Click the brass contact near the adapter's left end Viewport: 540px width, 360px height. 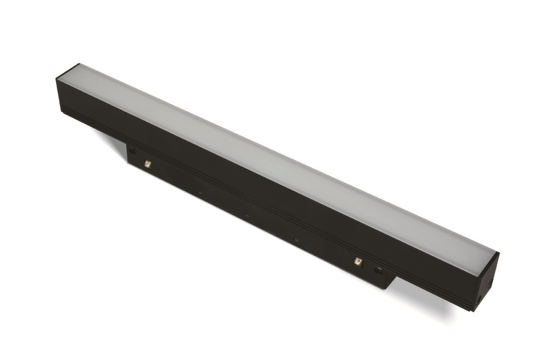(148, 164)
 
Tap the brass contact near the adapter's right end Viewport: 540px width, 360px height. (358, 261)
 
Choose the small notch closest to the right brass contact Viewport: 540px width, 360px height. (297, 239)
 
